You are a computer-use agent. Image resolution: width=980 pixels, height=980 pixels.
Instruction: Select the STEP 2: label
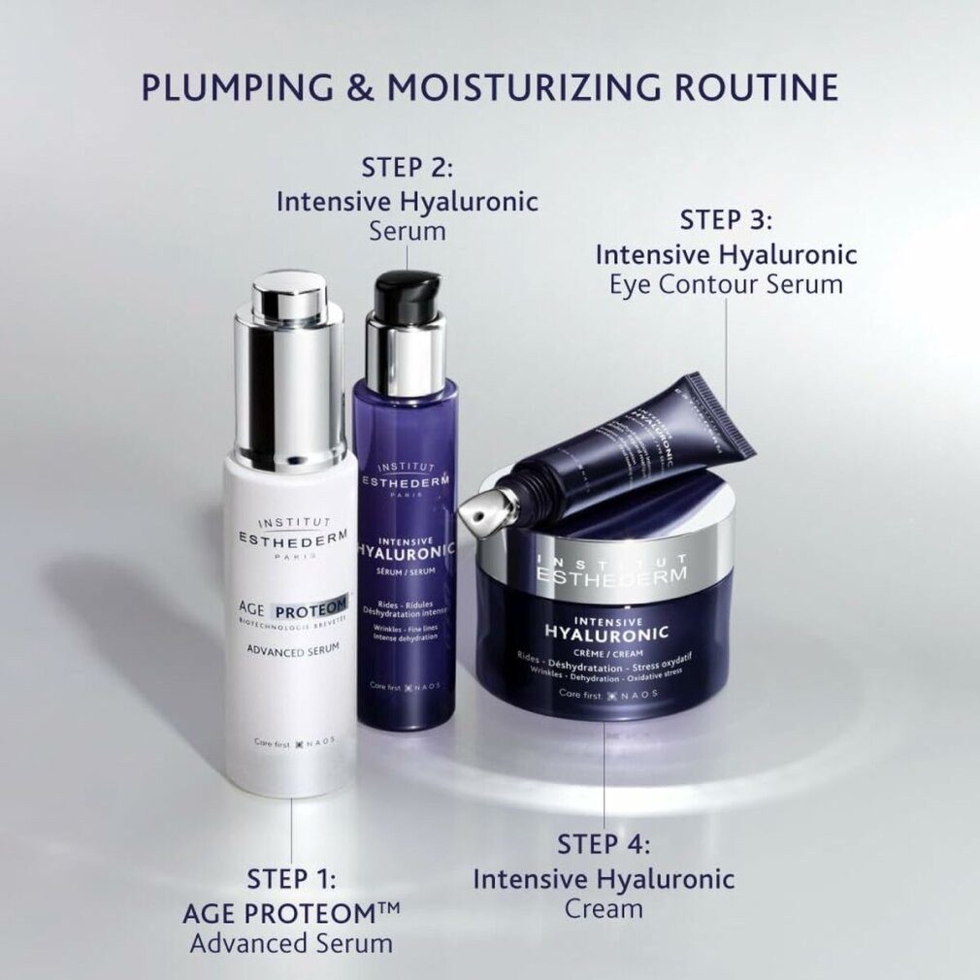point(408,168)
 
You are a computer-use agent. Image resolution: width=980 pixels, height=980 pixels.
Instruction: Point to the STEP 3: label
point(726,219)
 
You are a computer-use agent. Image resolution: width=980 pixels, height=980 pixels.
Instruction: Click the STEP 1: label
point(292,880)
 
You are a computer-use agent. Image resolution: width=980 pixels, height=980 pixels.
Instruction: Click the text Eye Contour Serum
point(726,284)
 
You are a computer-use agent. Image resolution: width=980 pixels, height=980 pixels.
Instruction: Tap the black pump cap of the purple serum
point(407,297)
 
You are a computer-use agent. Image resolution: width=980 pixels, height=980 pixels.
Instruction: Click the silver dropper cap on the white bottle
point(289,369)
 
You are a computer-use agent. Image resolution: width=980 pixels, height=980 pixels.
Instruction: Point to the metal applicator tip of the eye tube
point(482,505)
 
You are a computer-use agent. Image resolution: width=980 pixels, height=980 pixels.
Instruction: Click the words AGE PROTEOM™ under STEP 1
point(291,912)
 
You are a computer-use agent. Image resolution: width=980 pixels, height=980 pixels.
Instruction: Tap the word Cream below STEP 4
point(604,908)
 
